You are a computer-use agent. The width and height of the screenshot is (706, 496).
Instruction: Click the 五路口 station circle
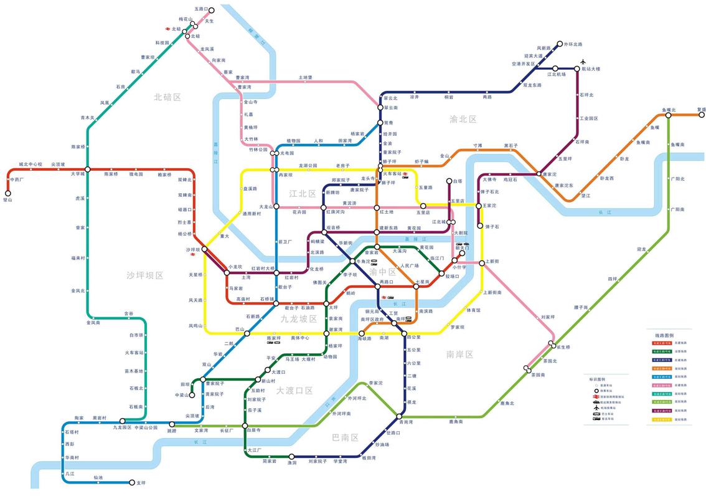[212, 10]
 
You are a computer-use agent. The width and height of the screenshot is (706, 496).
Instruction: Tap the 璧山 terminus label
[7, 200]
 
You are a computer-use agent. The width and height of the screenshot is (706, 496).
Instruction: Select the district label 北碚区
[167, 97]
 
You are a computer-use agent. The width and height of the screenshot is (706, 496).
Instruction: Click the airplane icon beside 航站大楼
[583, 61]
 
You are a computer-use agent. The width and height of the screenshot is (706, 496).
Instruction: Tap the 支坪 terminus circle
[131, 482]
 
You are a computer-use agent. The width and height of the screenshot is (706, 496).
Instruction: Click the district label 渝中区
[382, 272]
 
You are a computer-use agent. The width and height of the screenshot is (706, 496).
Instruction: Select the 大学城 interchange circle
[87, 169]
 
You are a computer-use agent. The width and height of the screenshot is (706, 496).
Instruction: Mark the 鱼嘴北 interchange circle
[668, 115]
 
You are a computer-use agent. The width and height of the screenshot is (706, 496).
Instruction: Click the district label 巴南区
[346, 437]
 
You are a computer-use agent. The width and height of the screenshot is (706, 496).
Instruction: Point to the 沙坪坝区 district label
[144, 275]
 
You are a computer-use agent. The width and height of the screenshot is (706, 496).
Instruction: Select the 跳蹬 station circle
[172, 424]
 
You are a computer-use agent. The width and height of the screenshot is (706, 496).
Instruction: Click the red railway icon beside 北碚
[167, 29]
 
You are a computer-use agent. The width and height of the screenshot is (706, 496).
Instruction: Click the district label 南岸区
[459, 354]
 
